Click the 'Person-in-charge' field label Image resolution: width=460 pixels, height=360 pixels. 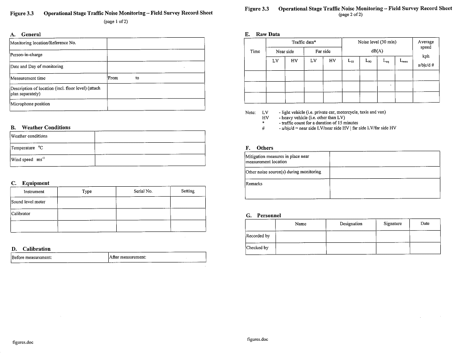[x=26, y=55]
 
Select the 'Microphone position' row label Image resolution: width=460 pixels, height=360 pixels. [x=30, y=104]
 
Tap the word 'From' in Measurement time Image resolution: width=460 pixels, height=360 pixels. [x=113, y=78]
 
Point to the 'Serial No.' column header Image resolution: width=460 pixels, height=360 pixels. [x=143, y=191]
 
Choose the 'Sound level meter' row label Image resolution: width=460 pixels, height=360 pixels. [x=28, y=202]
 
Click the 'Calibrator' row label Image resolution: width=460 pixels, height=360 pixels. [x=21, y=213]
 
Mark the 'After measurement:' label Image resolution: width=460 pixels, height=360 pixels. [x=128, y=257]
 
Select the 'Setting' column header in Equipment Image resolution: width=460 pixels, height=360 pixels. [x=188, y=191]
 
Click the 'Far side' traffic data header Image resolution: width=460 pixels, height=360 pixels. [x=323, y=51]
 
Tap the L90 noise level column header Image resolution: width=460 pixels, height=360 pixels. [x=368, y=61]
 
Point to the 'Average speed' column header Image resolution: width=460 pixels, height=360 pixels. [x=426, y=44]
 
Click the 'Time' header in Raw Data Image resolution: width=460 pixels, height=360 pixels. [x=255, y=51]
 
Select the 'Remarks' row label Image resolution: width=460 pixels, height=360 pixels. [x=254, y=184]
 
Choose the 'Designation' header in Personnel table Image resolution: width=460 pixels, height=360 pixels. [x=351, y=224]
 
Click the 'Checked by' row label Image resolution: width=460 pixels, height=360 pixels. [x=257, y=248]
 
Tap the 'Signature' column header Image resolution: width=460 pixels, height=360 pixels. [x=393, y=224]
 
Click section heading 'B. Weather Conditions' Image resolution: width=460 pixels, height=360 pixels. [x=41, y=128]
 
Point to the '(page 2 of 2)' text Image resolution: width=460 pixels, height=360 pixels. [x=350, y=15]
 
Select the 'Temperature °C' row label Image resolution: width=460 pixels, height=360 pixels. [x=27, y=148]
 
